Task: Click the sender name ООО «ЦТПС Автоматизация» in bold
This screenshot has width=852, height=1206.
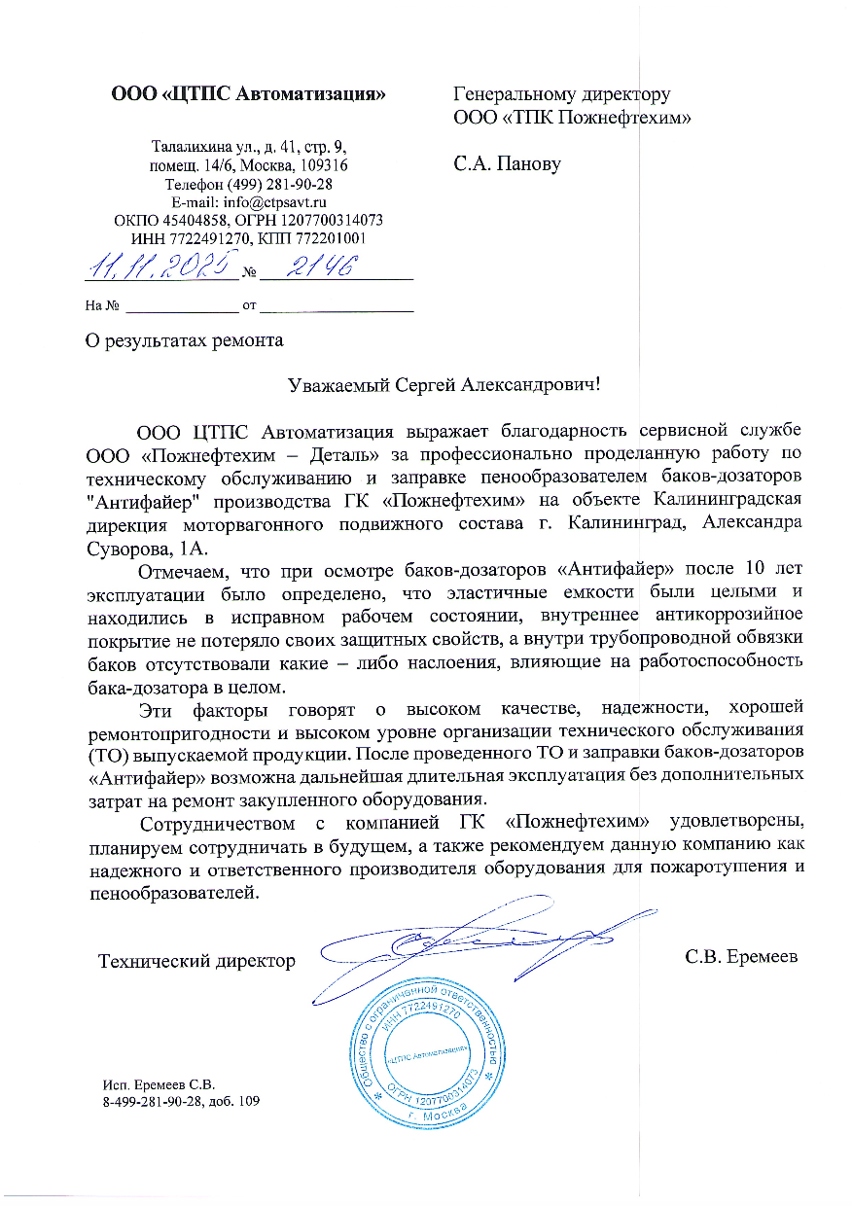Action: (249, 94)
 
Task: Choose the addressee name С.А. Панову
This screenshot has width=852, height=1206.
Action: (508, 163)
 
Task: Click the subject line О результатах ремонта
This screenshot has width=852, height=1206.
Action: (184, 341)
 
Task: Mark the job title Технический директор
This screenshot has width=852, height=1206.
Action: (196, 961)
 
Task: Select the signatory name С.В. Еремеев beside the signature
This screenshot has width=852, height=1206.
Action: (741, 957)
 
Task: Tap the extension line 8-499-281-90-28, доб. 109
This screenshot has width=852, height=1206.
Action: (182, 1102)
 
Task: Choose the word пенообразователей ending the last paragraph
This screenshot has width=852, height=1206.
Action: (172, 892)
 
